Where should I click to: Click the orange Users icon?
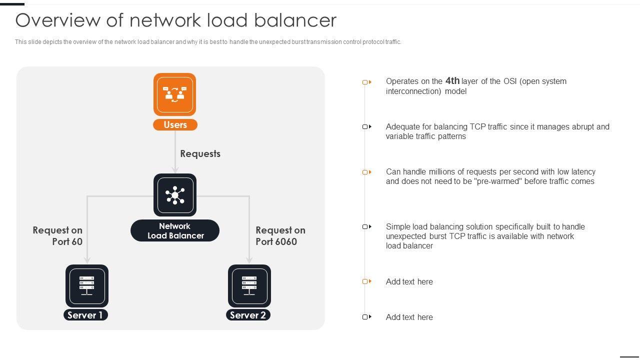click(x=174, y=94)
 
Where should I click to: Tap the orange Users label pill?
click(x=175, y=125)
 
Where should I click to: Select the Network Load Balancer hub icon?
click(x=175, y=195)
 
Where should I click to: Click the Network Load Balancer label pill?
click(x=175, y=230)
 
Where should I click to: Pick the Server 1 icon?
click(x=87, y=286)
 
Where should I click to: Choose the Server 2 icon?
click(x=249, y=286)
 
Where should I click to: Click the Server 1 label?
click(x=85, y=315)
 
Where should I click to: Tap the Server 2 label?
click(x=248, y=315)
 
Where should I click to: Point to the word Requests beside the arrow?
click(x=200, y=153)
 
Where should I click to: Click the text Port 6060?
click(x=276, y=241)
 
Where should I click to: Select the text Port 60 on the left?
click(x=67, y=241)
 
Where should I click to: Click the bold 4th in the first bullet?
click(x=452, y=81)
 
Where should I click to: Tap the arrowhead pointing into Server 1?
click(x=87, y=259)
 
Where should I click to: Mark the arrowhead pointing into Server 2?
click(x=249, y=259)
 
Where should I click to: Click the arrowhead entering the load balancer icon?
click(x=175, y=170)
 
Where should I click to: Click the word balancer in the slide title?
click(x=295, y=20)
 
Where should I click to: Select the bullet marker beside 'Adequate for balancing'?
click(x=367, y=126)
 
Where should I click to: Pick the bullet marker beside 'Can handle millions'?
click(x=367, y=172)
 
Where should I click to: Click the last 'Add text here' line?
click(x=409, y=317)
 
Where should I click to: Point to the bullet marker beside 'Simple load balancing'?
click(x=367, y=226)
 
